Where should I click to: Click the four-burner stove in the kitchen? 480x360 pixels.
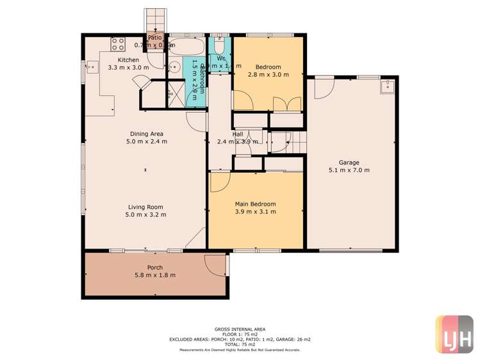point(118,44)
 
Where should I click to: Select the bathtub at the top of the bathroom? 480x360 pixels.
point(186,47)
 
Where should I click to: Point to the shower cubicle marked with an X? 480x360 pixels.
point(174,90)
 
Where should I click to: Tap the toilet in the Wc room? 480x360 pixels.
point(219,47)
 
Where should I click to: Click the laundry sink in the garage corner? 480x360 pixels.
point(386,87)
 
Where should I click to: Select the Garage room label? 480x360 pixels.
point(349,162)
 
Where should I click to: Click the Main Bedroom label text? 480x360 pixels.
point(255,204)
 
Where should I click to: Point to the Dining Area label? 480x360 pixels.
point(146,133)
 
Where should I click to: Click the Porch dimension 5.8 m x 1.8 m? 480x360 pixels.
point(154,275)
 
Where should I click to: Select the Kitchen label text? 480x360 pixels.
point(128,60)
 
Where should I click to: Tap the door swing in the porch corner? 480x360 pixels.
point(213,265)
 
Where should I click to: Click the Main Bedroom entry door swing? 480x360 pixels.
point(219,182)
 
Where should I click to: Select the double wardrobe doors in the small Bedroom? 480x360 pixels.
point(286,104)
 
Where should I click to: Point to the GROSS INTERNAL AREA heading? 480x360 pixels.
point(240,329)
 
